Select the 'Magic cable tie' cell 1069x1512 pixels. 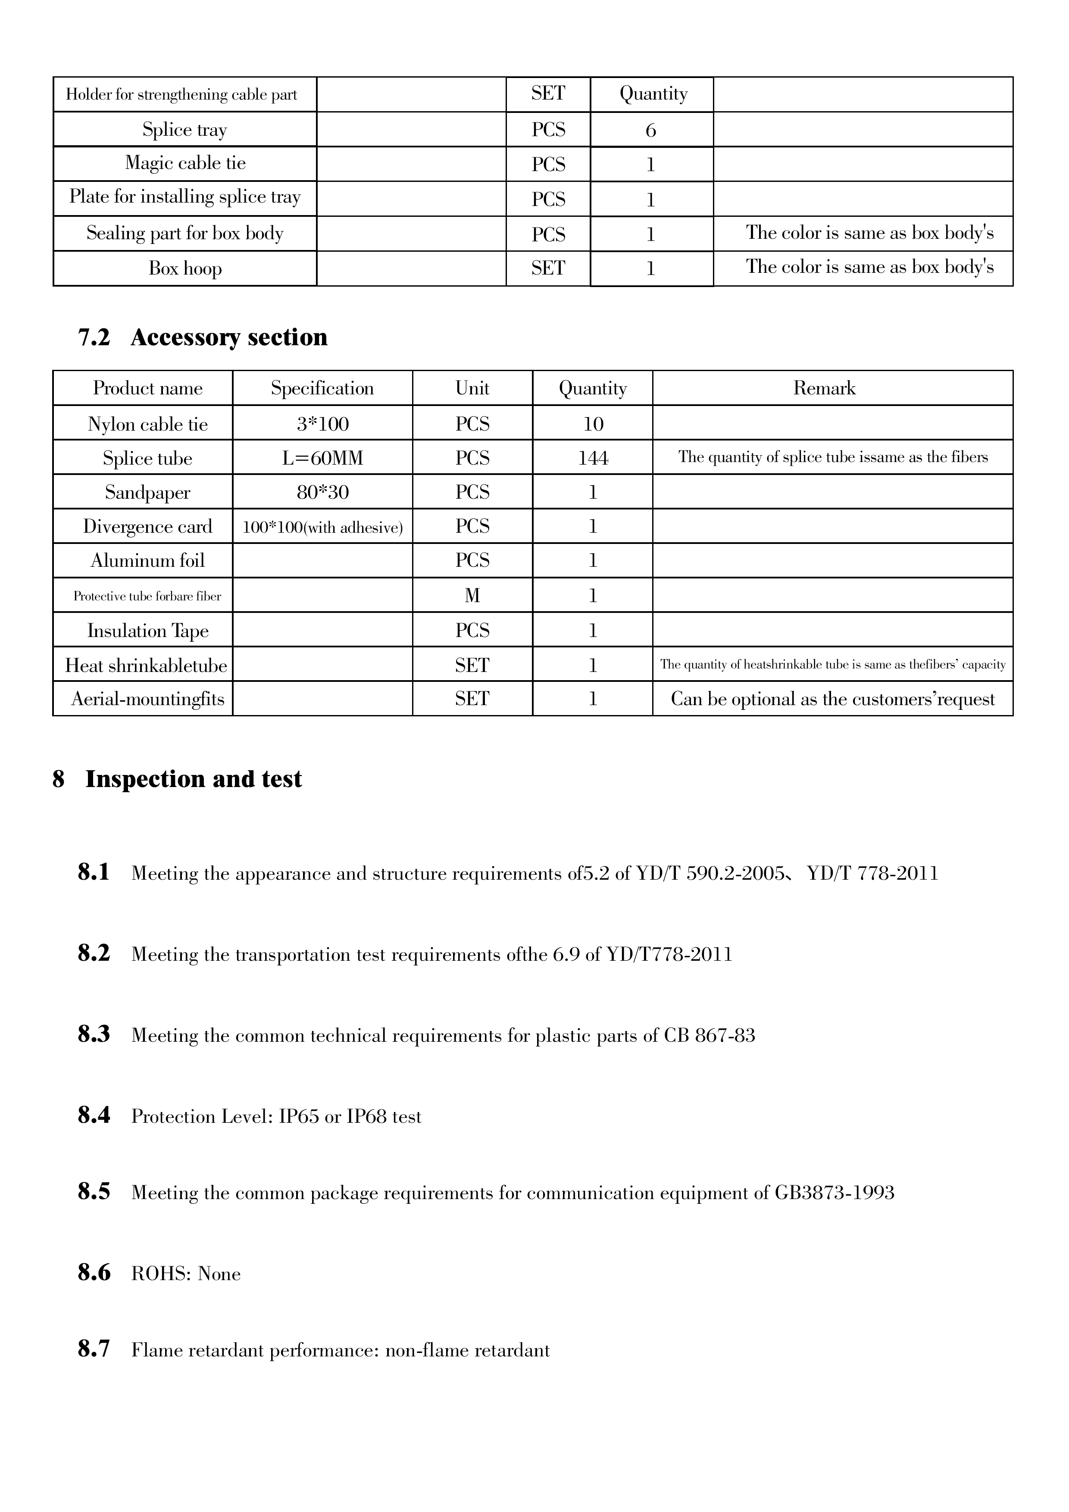tap(185, 163)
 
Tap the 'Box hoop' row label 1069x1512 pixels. tap(185, 269)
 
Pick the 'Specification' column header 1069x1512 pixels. tap(322, 388)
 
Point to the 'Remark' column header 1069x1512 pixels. tap(824, 388)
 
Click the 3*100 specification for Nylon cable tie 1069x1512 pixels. tap(322, 423)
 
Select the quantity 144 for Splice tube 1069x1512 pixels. tap(593, 458)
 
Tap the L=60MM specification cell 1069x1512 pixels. tap(322, 458)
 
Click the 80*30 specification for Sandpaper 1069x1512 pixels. tap(322, 493)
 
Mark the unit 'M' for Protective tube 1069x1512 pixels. tap(472, 596)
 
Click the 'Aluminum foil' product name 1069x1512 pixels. tap(147, 561)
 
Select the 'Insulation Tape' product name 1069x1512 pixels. tap(147, 631)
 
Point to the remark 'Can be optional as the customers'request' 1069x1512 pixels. tap(832, 700)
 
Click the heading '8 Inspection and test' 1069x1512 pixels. tap(177, 779)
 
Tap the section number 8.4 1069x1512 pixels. tap(94, 1115)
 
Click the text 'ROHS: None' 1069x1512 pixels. tap(186, 1274)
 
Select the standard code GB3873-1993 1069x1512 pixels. tap(834, 1193)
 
